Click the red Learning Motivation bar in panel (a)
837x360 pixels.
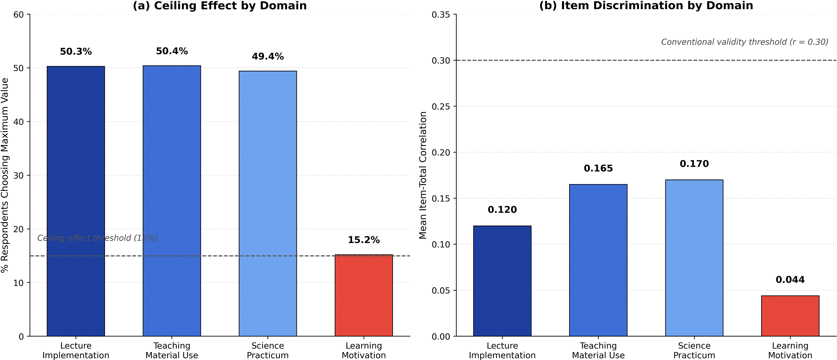click(364, 295)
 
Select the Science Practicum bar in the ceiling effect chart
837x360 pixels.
click(268, 204)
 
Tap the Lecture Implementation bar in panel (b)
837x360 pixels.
click(502, 281)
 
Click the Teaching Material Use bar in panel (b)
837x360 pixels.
click(598, 260)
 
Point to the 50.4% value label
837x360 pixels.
click(172, 51)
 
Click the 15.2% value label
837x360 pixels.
click(364, 240)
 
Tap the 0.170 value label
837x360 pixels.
click(694, 163)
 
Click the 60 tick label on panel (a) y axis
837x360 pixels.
click(19, 15)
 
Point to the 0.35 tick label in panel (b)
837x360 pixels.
click(441, 15)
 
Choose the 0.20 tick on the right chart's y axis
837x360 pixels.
click(441, 152)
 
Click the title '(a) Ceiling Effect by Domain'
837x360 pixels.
click(220, 6)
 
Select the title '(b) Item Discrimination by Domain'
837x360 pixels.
click(646, 6)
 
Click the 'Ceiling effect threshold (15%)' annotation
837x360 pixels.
click(97, 238)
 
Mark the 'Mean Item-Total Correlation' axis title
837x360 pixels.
click(422, 175)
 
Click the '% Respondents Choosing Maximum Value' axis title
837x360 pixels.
click(4, 175)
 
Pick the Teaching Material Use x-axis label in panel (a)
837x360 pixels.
click(172, 350)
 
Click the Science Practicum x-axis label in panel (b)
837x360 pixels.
click(694, 350)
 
